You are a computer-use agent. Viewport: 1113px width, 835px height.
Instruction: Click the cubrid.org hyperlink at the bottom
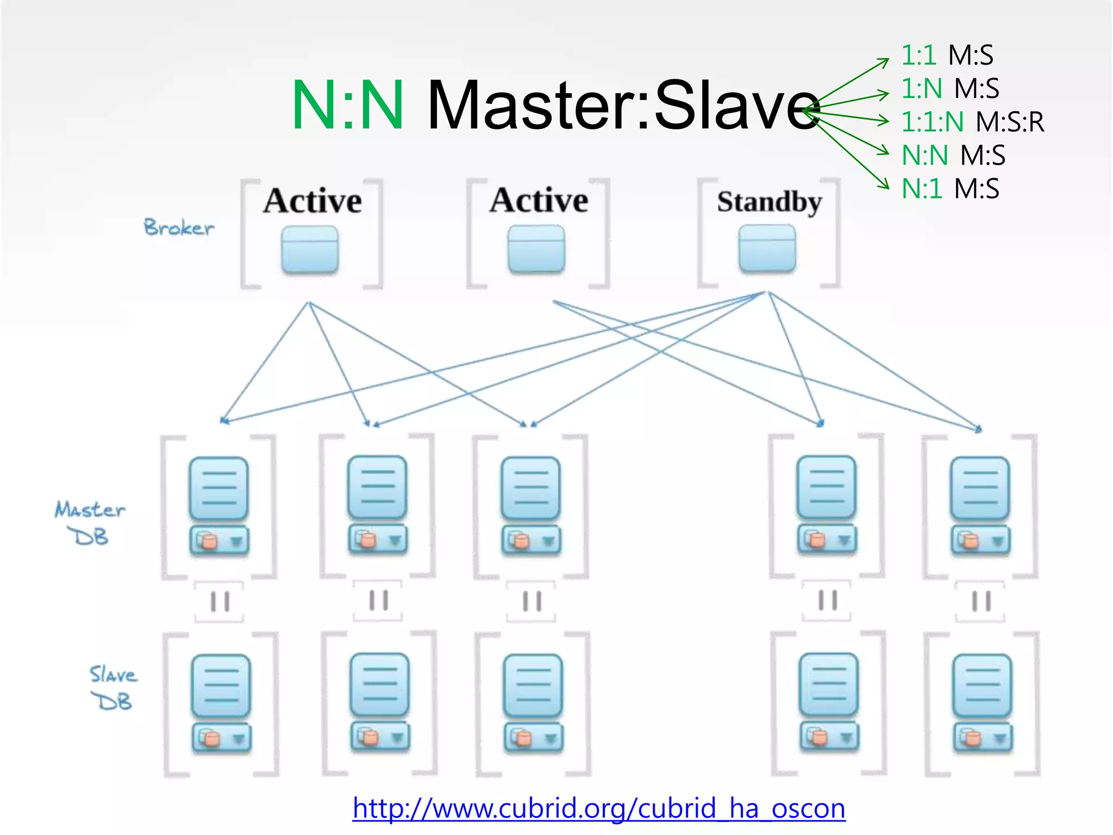pyautogui.click(x=598, y=808)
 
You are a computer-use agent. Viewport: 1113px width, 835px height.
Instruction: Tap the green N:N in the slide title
pyautogui.click(x=348, y=105)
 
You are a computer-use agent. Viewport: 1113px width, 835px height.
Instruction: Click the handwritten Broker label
pyautogui.click(x=179, y=228)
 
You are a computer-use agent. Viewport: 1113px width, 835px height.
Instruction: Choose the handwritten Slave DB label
pyautogui.click(x=112, y=688)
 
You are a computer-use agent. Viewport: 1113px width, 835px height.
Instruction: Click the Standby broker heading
pyautogui.click(x=769, y=202)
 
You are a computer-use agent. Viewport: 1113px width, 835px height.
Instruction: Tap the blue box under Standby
pyautogui.click(x=767, y=248)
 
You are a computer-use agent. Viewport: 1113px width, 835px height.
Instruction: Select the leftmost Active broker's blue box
pyautogui.click(x=310, y=250)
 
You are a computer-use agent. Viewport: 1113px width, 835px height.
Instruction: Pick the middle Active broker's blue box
pyautogui.click(x=536, y=249)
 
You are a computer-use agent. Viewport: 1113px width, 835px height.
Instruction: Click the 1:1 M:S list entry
pyautogui.click(x=947, y=55)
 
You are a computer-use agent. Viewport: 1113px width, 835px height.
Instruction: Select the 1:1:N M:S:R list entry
pyautogui.click(x=972, y=122)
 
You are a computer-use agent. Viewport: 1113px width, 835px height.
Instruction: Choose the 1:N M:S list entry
pyautogui.click(x=950, y=89)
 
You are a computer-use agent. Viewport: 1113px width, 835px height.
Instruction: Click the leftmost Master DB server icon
pyautogui.click(x=219, y=506)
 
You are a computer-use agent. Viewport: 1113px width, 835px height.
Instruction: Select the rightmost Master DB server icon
pyautogui.click(x=980, y=506)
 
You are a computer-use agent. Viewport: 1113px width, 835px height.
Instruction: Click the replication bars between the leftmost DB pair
pyautogui.click(x=220, y=601)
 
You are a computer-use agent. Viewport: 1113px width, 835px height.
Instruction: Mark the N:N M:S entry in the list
pyautogui.click(x=953, y=155)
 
